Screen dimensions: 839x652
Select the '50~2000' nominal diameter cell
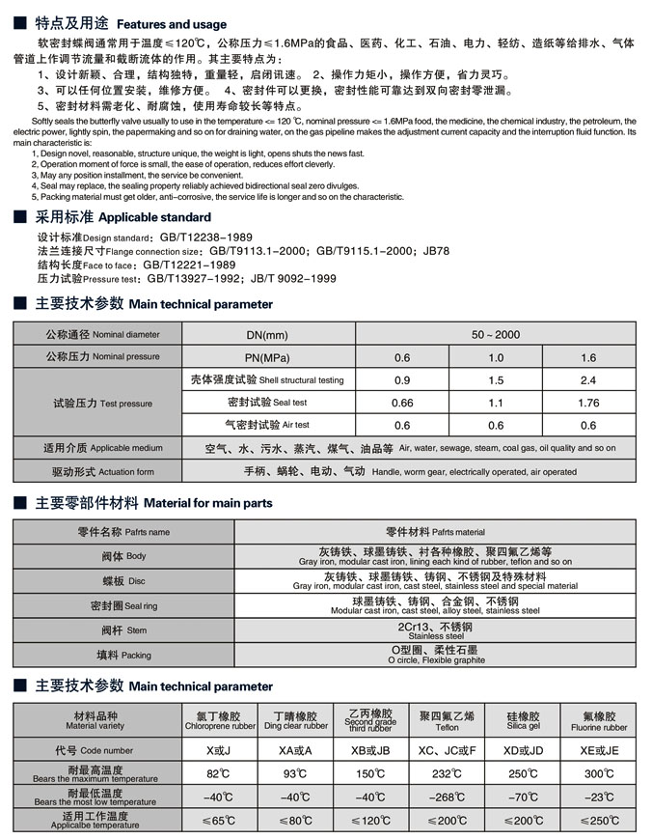495,335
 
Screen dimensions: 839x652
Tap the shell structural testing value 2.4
588,380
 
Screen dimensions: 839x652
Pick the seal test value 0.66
402,403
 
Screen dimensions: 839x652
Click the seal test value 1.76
588,403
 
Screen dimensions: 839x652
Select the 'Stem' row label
123,630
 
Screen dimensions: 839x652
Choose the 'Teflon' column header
447,727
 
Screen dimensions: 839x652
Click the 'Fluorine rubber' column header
599,727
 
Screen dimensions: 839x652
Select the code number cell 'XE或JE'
599,750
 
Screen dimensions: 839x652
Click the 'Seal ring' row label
123,606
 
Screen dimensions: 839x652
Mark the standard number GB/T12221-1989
189,265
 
